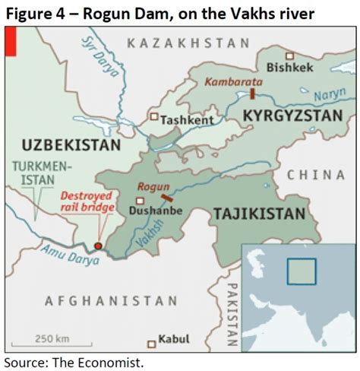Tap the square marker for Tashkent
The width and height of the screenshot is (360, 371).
pos(154,117)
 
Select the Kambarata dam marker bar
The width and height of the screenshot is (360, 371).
pos(251,94)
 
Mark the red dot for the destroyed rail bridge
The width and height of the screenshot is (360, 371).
pos(97,246)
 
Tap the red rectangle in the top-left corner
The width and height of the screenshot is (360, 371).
pos(10,43)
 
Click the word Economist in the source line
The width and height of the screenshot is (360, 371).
pos(113,363)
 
